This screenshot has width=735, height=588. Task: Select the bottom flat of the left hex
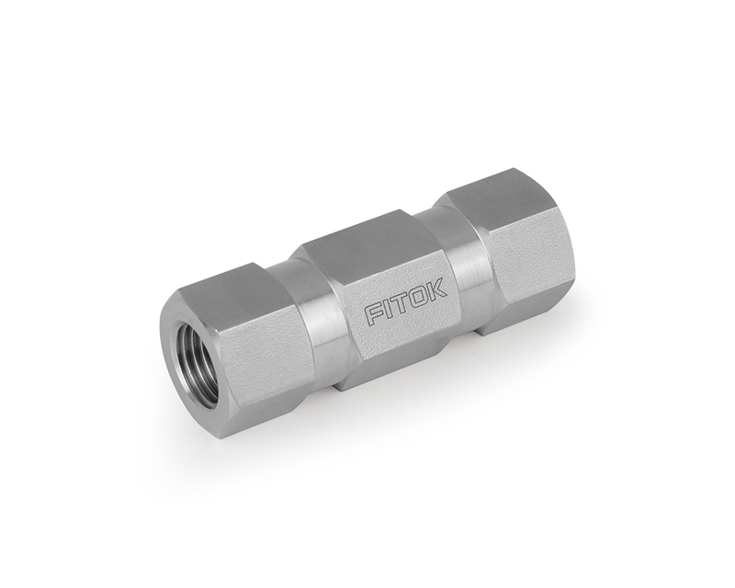click(x=276, y=404)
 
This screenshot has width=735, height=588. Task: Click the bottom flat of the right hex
click(x=528, y=308)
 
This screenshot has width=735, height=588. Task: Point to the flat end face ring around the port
click(x=175, y=331)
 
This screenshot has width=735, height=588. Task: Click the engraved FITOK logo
click(x=407, y=303)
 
